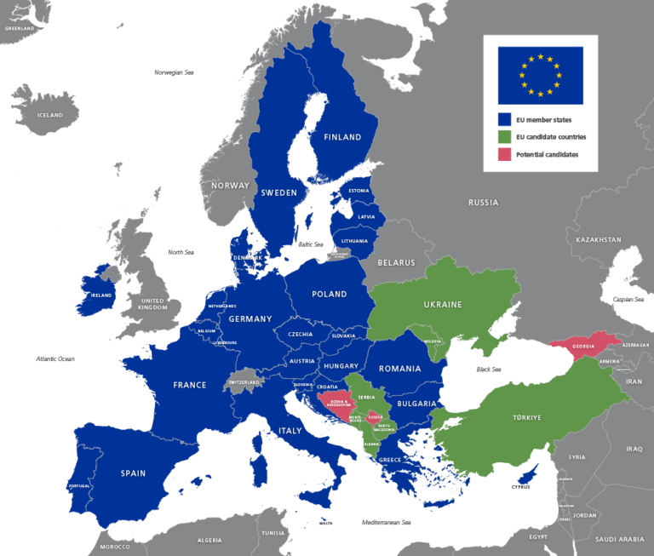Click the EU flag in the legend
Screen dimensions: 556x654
tap(540, 75)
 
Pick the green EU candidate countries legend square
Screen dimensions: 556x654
tap(504, 137)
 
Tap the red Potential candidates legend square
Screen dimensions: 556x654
tap(504, 154)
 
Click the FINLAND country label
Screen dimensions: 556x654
tap(342, 137)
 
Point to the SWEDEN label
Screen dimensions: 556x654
tap(278, 192)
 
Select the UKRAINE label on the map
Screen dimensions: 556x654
tap(443, 304)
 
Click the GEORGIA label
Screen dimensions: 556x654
tap(583, 347)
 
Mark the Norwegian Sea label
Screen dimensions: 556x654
tap(174, 72)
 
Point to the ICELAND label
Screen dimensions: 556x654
tap(50, 115)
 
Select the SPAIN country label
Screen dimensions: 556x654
tap(133, 473)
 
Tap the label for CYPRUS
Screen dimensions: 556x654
tap(520, 486)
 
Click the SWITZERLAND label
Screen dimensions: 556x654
tap(244, 382)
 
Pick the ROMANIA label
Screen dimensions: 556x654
tap(400, 369)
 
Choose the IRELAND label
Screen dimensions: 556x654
tap(101, 295)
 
